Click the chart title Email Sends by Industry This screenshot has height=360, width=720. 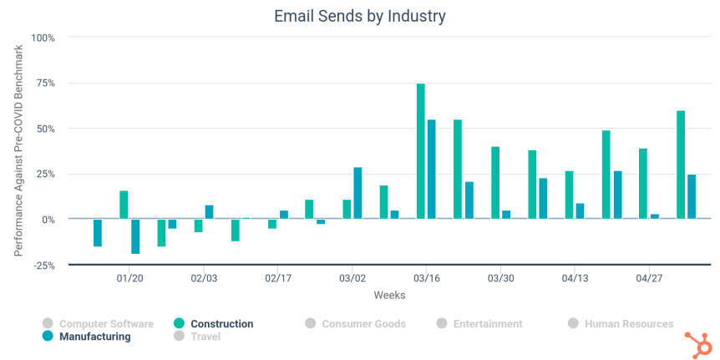pyautogui.click(x=359, y=16)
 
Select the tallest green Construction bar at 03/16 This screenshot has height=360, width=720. pyautogui.click(x=421, y=150)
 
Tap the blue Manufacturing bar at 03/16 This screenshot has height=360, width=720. pyautogui.click(x=432, y=169)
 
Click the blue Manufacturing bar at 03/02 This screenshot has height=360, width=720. pyautogui.click(x=357, y=193)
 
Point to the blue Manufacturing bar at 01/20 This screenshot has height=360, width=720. pyautogui.click(x=135, y=236)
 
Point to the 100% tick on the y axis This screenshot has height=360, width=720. pyautogui.click(x=43, y=38)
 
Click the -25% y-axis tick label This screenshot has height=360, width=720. pyautogui.click(x=43, y=265)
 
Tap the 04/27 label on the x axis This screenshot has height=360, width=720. pyautogui.click(x=649, y=277)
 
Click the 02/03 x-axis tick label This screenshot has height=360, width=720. pyautogui.click(x=204, y=277)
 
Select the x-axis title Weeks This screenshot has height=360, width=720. pyautogui.click(x=389, y=295)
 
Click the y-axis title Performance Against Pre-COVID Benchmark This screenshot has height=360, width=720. pyautogui.click(x=18, y=150)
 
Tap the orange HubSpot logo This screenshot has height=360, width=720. pyautogui.click(x=695, y=342)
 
